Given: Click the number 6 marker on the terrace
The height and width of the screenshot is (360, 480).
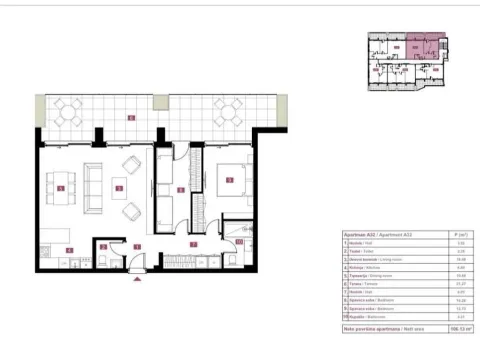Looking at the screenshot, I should [130, 120].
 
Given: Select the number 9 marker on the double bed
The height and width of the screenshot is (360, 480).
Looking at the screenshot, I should [230, 181].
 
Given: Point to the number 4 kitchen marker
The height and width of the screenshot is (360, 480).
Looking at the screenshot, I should [65, 251].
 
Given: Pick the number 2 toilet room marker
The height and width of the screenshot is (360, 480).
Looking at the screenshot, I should [103, 247].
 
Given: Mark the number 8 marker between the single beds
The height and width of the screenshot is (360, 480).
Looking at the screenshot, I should [181, 189].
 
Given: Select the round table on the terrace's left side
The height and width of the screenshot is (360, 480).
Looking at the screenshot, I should [69, 110].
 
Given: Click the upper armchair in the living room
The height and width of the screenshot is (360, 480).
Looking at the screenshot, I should [130, 163].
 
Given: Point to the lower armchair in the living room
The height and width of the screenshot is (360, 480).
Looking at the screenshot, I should [131, 210].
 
